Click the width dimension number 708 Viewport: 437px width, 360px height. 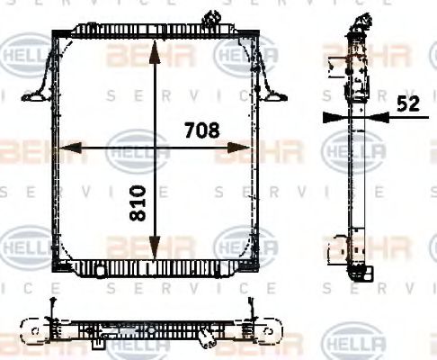tap(202, 130)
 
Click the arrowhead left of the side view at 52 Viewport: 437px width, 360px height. tap(331, 116)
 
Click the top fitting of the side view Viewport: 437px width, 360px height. tap(359, 22)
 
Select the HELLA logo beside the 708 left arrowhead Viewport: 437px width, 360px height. tap(137, 148)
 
